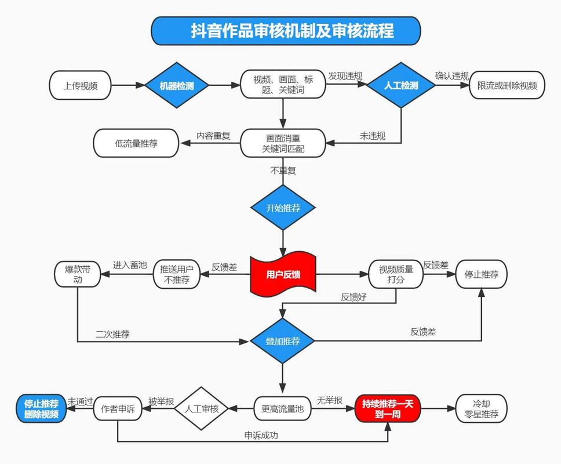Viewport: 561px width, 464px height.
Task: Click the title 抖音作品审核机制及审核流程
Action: coord(286,30)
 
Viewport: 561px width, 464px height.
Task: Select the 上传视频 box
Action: coord(80,86)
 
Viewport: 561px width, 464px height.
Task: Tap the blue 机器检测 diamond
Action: coord(176,86)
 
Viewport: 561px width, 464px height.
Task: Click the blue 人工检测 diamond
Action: coord(401,85)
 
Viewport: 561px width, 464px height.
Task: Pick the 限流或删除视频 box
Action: coord(507,86)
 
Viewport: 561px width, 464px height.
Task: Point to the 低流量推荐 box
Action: coord(136,143)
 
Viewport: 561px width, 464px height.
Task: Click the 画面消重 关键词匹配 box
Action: coord(283,143)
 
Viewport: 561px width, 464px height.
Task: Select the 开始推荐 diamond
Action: coord(283,208)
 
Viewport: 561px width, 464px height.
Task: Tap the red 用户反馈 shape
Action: coord(283,274)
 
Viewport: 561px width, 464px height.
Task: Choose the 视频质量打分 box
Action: coord(396,274)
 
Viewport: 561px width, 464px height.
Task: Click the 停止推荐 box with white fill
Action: coord(481,274)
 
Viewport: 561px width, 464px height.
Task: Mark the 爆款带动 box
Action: coord(78,274)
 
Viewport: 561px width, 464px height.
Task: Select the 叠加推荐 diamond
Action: coord(283,341)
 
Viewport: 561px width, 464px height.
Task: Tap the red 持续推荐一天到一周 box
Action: coord(387,408)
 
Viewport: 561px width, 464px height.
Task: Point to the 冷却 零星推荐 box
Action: coord(481,408)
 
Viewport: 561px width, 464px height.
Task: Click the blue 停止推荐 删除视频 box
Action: coord(41,409)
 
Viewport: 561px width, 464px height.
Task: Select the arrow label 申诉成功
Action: coord(261,435)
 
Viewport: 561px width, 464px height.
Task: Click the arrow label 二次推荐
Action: coord(112,334)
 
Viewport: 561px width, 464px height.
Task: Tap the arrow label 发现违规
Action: coord(345,76)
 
